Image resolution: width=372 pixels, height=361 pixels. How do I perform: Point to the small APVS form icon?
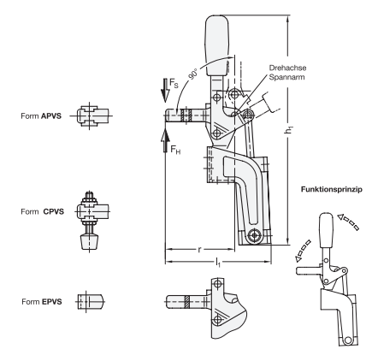(x=91, y=115)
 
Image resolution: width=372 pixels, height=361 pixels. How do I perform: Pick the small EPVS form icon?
(x=91, y=300)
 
